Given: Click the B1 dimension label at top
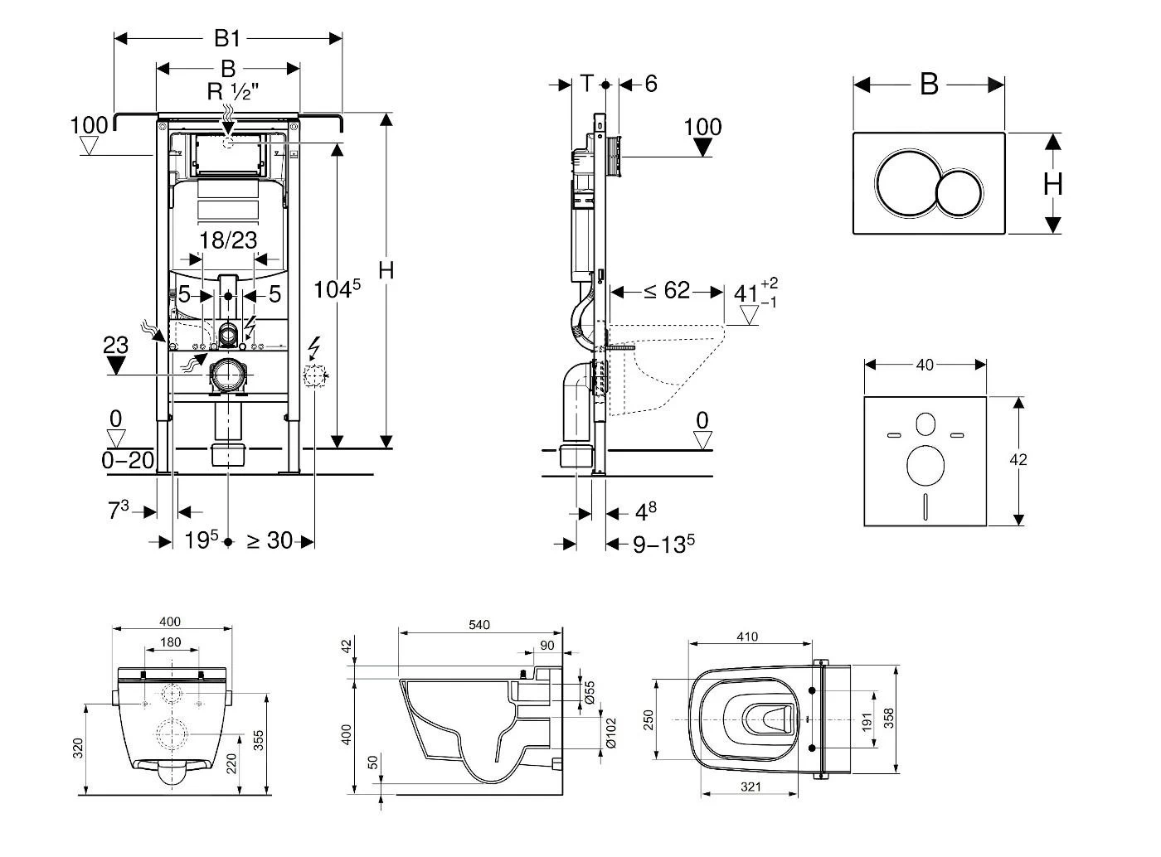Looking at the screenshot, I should point(228,38).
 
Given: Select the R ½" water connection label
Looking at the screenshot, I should point(233,91).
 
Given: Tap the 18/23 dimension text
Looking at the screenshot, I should point(228,240).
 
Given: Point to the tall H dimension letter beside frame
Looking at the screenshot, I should point(386,270).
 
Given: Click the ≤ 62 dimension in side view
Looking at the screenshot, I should point(667,291).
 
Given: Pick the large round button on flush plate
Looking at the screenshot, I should point(906,182).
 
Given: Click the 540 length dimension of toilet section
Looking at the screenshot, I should point(480,625).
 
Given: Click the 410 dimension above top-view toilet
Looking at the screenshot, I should point(747,637).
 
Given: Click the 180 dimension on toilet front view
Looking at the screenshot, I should point(170,642).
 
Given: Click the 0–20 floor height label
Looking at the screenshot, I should point(128,460).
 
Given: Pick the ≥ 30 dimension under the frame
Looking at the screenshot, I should point(270,540).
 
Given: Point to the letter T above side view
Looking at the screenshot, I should point(587,83).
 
